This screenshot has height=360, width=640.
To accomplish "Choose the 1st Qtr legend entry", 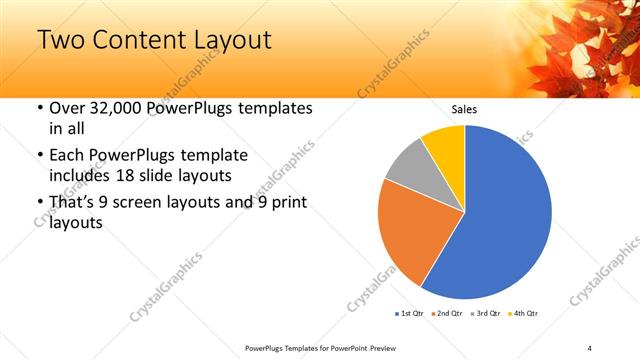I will (x=411, y=314).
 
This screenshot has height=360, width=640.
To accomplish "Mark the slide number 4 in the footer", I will (x=590, y=347).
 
